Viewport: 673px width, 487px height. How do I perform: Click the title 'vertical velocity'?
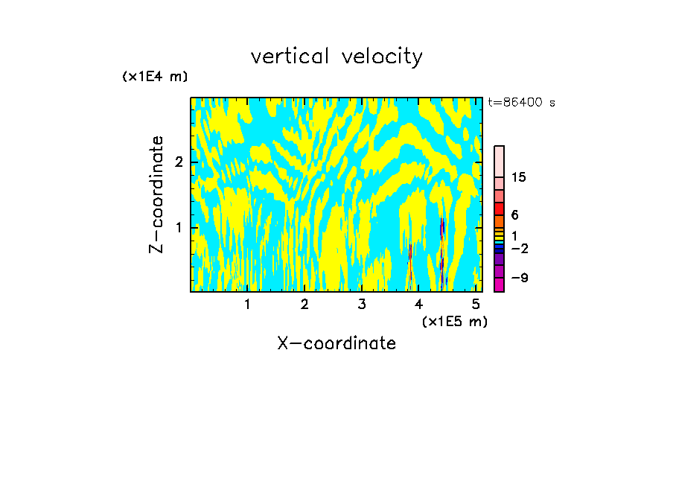pyautogui.click(x=336, y=57)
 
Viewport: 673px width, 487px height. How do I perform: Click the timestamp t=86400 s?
pyautogui.click(x=521, y=103)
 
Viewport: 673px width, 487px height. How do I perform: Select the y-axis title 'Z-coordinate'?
pyautogui.click(x=156, y=194)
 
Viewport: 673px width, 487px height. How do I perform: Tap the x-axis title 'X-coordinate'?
pyautogui.click(x=336, y=343)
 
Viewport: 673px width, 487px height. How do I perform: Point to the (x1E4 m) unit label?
pyautogui.click(x=155, y=77)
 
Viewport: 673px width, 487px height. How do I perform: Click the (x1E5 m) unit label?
pyautogui.click(x=454, y=321)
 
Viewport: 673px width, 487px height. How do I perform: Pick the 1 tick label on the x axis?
pyautogui.click(x=248, y=304)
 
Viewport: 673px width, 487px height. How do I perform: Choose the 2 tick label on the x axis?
pyautogui.click(x=304, y=304)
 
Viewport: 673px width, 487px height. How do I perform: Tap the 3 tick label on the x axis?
pyautogui.click(x=362, y=304)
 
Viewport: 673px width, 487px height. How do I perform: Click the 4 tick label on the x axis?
pyautogui.click(x=418, y=304)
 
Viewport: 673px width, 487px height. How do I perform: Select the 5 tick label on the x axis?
pyautogui.click(x=476, y=304)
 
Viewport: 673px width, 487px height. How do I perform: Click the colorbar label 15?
pyautogui.click(x=519, y=177)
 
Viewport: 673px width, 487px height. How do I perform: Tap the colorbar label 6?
pyautogui.click(x=514, y=215)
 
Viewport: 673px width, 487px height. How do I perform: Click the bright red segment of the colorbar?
pyautogui.click(x=499, y=209)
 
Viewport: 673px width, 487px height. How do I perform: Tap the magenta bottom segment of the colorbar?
pyautogui.click(x=499, y=284)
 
